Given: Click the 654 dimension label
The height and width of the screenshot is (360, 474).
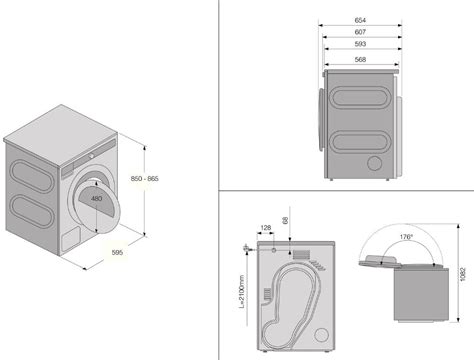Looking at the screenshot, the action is coord(360,20).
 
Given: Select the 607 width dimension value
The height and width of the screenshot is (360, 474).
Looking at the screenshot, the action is coord(360,32).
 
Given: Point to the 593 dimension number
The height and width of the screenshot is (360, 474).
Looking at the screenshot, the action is coord(360,44).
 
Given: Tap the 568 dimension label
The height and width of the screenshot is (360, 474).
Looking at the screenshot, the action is coord(360,59).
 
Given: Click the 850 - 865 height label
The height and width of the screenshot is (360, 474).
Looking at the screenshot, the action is coord(144,179).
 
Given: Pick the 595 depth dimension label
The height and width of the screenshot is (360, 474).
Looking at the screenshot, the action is coord(117,253).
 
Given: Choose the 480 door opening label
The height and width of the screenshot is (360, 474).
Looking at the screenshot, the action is coord(96,199).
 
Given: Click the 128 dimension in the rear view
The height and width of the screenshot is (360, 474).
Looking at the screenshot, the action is coord(265,228).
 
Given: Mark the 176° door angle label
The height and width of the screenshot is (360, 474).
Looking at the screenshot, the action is coord(406,237).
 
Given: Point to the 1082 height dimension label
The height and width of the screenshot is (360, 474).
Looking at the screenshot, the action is coord(463,274).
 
